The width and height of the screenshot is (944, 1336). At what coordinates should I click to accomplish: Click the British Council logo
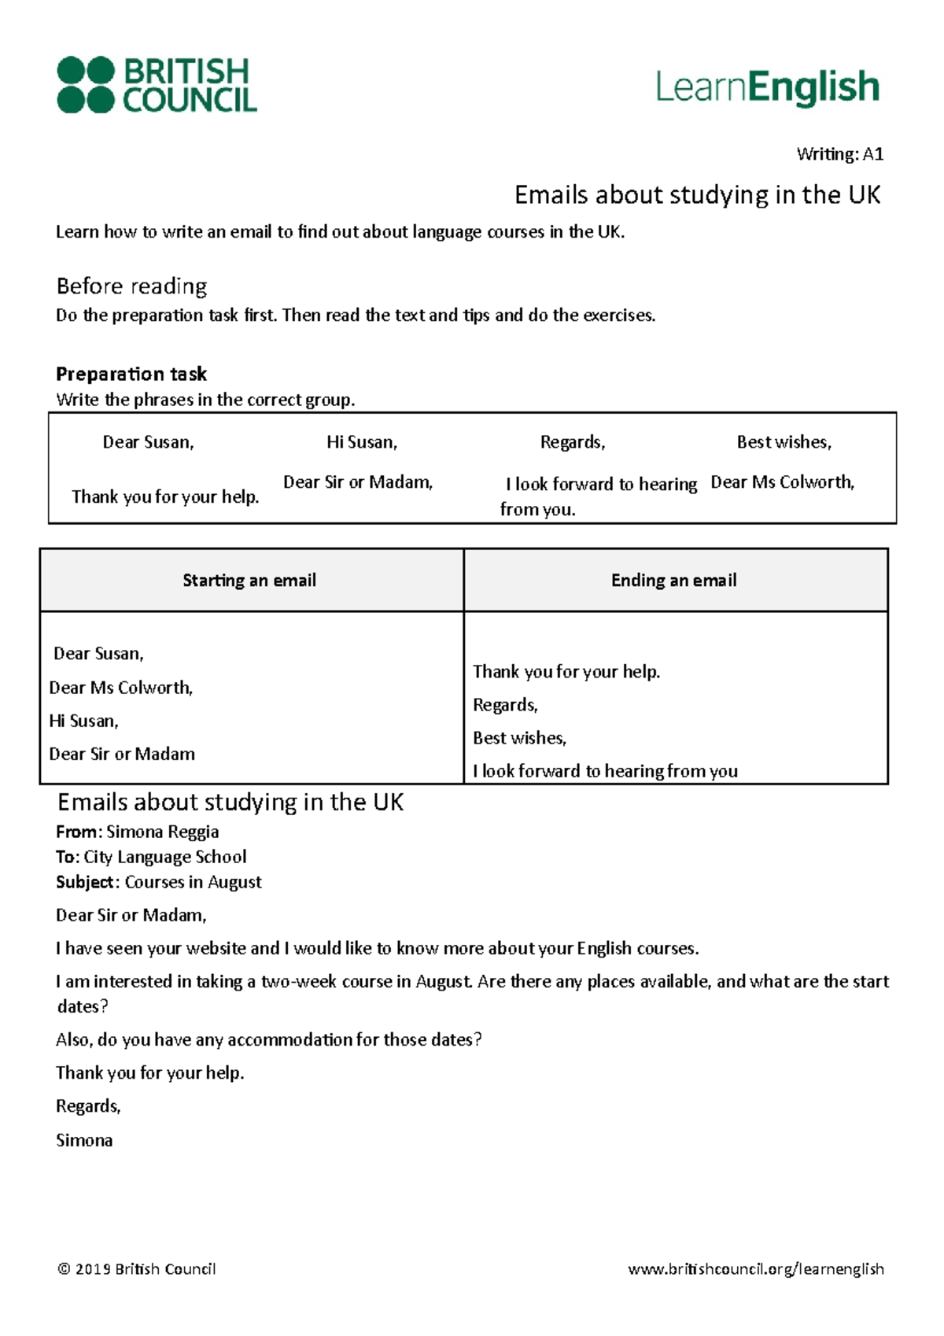tap(157, 84)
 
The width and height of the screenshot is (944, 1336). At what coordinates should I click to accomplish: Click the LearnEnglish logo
tap(767, 87)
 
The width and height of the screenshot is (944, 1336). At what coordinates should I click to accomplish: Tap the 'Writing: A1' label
tap(839, 154)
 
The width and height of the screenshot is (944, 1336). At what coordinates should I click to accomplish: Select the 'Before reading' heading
tap(131, 286)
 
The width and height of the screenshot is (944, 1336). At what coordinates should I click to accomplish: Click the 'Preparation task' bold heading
tap(131, 374)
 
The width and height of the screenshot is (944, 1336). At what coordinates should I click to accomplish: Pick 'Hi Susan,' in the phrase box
tap(362, 442)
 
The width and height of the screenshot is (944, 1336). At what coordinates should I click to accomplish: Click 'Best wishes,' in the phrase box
tap(784, 442)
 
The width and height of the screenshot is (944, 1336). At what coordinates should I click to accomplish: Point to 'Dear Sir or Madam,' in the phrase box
tap(358, 482)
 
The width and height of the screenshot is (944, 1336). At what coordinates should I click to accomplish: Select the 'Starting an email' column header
tap(249, 581)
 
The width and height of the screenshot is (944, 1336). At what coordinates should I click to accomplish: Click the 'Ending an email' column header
tap(674, 581)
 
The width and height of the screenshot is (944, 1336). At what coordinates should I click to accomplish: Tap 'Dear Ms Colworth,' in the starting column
tap(120, 688)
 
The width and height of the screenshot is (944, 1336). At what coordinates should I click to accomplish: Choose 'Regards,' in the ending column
tap(505, 705)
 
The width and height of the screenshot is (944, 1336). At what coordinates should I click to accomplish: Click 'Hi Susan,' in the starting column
tap(83, 721)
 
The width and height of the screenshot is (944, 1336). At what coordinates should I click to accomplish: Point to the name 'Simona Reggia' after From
tap(163, 832)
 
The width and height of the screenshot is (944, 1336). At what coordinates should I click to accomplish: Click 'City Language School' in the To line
tap(165, 857)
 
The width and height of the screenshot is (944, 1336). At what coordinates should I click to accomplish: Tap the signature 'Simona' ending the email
tap(84, 1140)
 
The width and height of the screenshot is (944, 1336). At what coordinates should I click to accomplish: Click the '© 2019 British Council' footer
tap(136, 1269)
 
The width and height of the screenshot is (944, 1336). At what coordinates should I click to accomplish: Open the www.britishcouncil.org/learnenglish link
tap(756, 1269)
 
